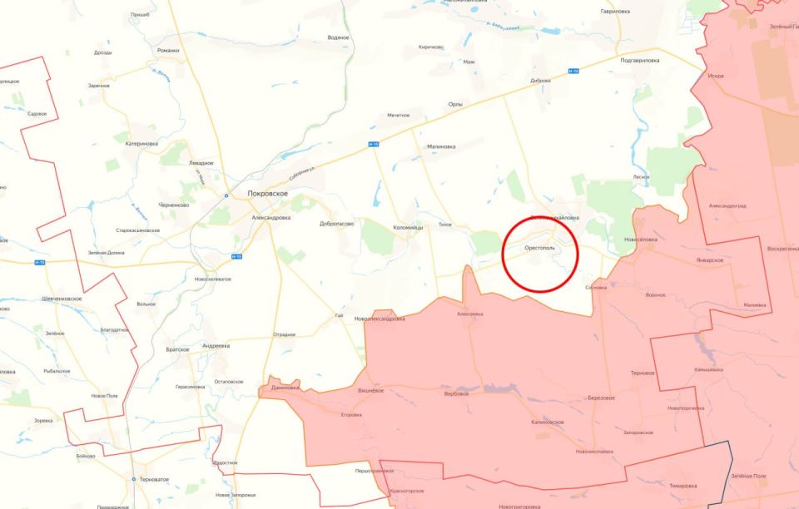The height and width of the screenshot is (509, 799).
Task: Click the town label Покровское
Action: click(x=267, y=193)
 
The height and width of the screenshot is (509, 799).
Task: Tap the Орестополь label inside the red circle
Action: click(x=539, y=248)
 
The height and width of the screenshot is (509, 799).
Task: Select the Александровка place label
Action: click(x=271, y=217)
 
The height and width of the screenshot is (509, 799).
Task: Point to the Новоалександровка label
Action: click(x=380, y=319)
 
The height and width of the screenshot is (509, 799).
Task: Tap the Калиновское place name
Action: click(x=547, y=422)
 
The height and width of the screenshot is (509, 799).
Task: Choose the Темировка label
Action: click(x=682, y=485)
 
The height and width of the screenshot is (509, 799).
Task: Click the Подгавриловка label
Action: click(x=639, y=60)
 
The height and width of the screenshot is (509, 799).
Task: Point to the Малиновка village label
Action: click(x=441, y=146)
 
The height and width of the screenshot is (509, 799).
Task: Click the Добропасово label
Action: click(x=336, y=224)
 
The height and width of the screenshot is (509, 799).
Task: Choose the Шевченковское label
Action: click(x=62, y=298)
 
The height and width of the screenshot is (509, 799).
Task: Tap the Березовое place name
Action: click(x=601, y=398)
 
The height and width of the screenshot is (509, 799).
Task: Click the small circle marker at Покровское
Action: click(x=226, y=195)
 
